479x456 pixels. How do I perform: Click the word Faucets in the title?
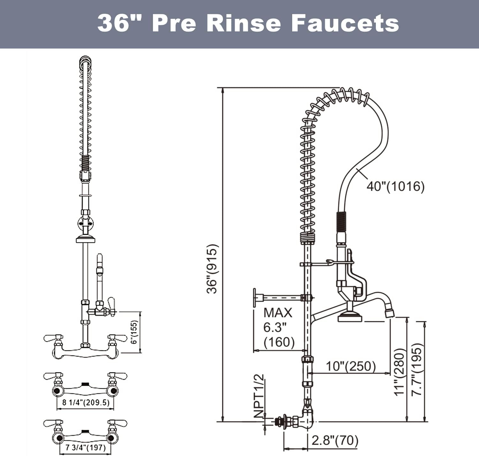(345, 23)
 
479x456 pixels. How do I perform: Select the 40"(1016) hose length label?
(395, 186)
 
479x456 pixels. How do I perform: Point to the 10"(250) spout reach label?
(350, 366)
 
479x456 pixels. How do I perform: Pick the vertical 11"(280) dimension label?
(399, 372)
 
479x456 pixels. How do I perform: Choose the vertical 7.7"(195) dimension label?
(417, 369)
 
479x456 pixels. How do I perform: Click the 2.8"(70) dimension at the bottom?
(335, 441)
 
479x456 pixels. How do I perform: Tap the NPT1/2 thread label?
(259, 396)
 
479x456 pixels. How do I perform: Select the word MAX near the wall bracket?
(278, 313)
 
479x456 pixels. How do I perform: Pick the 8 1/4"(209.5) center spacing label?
(86, 402)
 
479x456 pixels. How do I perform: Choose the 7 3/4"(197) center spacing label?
(85, 448)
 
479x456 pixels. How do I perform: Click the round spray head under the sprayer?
(350, 317)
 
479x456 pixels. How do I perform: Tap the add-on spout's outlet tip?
(389, 313)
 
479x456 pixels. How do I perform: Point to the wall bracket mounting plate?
(255, 298)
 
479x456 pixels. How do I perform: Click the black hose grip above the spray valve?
(341, 222)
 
